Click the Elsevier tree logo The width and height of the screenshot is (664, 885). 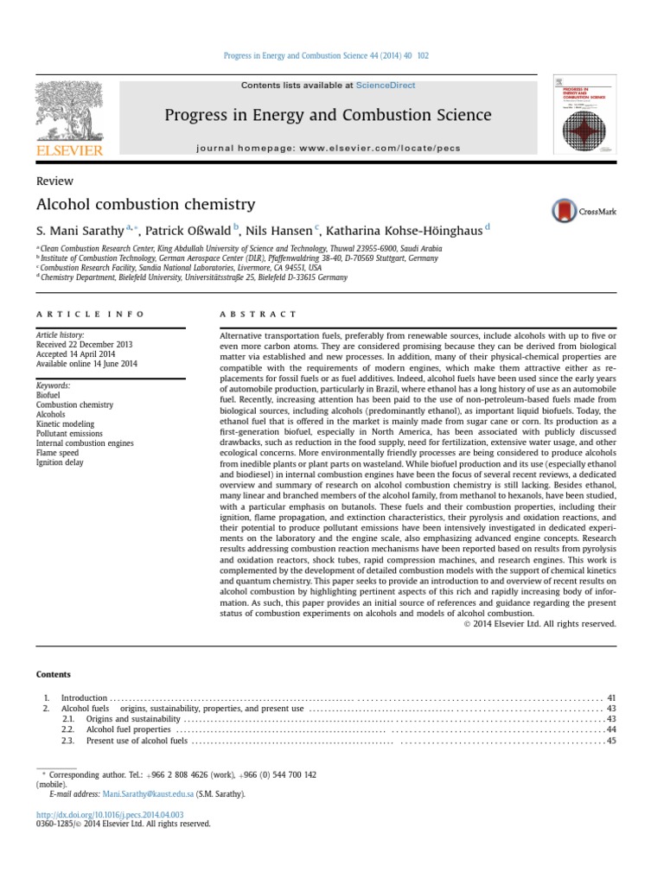pyautogui.click(x=69, y=111)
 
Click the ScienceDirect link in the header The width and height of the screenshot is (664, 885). pyautogui.click(x=386, y=86)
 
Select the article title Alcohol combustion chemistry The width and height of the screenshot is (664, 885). pyautogui.click(x=145, y=205)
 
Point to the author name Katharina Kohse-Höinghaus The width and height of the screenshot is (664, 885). pyautogui.click(x=404, y=230)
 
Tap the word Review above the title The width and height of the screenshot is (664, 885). pyautogui.click(x=54, y=181)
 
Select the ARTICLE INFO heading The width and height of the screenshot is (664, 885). pyautogui.click(x=90, y=314)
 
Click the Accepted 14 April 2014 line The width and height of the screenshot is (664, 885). pyautogui.click(x=76, y=354)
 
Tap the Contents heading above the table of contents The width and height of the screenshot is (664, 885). pyautogui.click(x=53, y=674)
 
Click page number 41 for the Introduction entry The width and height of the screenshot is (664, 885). pyautogui.click(x=610, y=697)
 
